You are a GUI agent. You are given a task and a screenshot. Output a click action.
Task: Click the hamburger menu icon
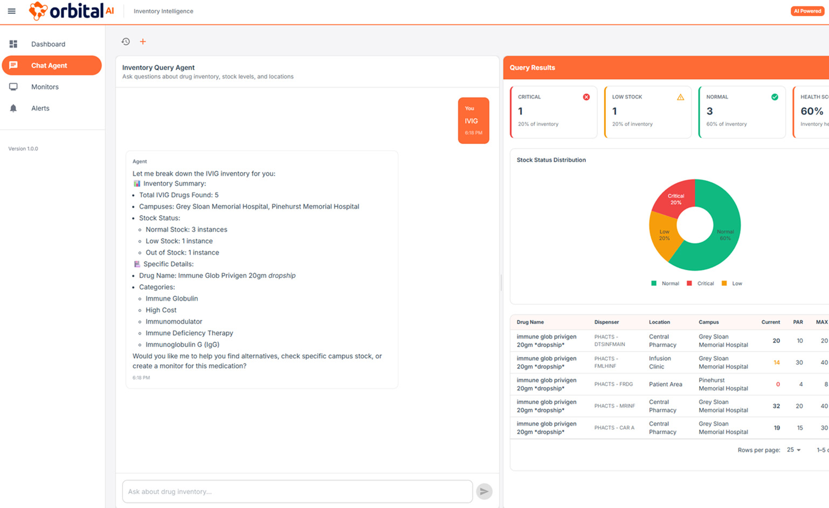pos(11,11)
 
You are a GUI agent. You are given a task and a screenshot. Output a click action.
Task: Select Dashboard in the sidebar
pos(48,44)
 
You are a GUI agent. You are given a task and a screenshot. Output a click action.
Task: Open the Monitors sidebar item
pos(45,87)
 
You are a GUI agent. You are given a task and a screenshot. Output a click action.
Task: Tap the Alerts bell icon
pos(13,108)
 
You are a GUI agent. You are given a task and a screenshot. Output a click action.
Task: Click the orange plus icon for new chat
pos(143,42)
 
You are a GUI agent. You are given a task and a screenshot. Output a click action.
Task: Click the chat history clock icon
pos(126,42)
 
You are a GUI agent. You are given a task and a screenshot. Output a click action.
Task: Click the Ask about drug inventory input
pos(297,491)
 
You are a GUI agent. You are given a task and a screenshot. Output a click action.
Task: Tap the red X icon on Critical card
pos(586,97)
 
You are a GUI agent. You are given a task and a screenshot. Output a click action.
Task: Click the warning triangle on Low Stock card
pos(680,97)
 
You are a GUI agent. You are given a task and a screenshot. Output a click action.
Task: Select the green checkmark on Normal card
pos(775,97)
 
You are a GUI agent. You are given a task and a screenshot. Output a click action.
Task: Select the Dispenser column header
pos(606,322)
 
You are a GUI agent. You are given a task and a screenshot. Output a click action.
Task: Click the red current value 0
pos(778,385)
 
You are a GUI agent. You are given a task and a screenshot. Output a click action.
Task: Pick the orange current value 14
pos(776,362)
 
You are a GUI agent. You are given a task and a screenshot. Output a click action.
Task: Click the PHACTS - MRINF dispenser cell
pos(614,406)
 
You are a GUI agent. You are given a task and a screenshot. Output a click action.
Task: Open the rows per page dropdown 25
pos(793,450)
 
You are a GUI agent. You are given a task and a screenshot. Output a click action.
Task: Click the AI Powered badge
pos(807,11)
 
